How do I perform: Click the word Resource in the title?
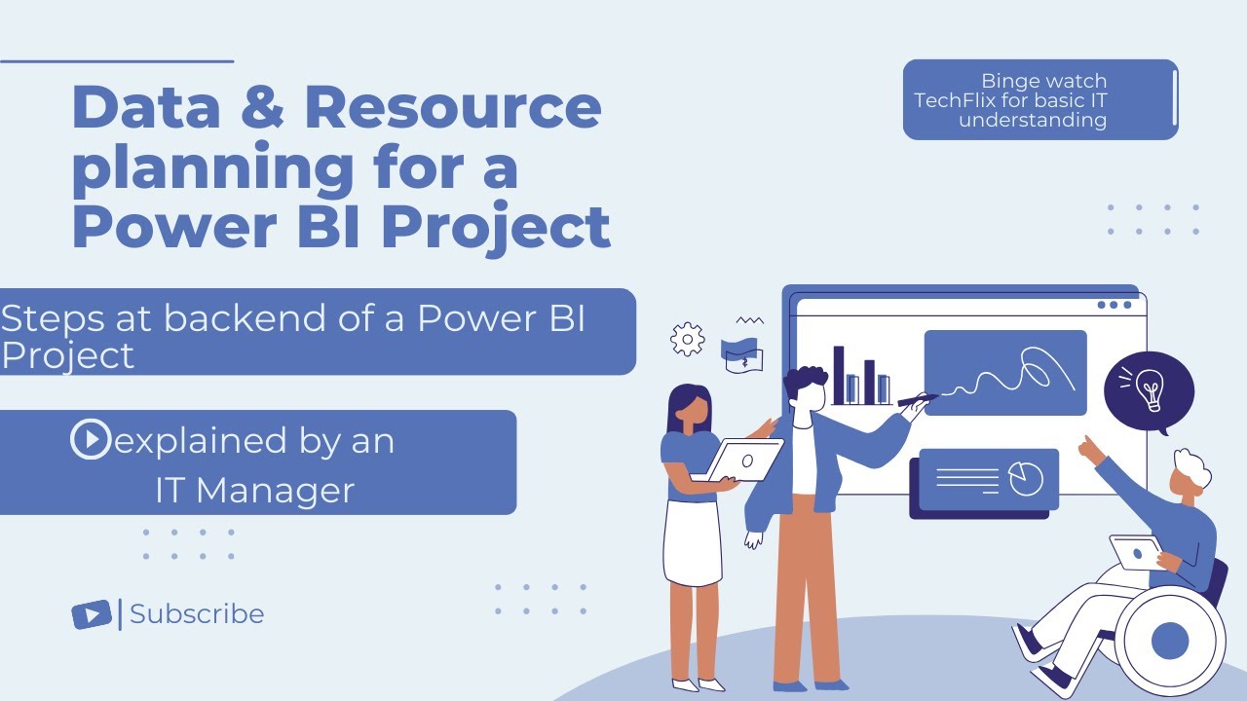pos(452,108)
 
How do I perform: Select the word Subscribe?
pos(197,614)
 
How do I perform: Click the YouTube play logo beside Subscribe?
pos(92,614)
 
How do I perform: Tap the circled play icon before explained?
pos(90,440)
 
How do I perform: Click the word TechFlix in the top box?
pos(957,100)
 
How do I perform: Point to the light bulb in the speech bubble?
pos(1150,389)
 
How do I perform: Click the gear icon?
pos(688,339)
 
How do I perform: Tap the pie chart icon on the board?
pos(1025,478)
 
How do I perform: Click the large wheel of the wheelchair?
pos(1169,641)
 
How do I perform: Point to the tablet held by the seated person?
pos(1136,552)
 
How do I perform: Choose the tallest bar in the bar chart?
pos(839,375)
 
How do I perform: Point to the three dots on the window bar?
pos(1115,305)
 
